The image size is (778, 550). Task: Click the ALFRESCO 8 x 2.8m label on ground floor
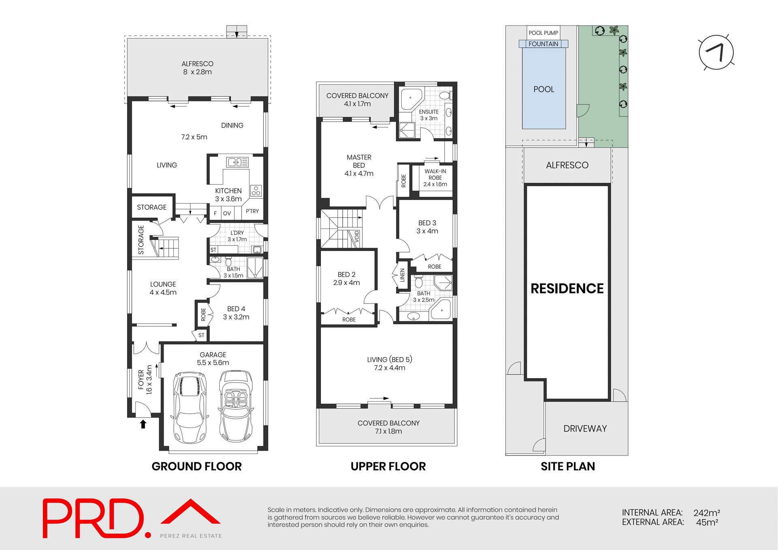(x=197, y=68)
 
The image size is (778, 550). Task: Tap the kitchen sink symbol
(x=237, y=162)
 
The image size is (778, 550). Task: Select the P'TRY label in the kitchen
(x=252, y=211)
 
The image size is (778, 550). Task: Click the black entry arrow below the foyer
(x=143, y=424)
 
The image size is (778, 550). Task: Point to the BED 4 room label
(x=236, y=313)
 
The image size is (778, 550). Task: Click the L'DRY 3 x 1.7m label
(x=237, y=236)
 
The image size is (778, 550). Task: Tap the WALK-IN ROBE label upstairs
(x=435, y=178)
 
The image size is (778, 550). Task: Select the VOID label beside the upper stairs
(x=357, y=236)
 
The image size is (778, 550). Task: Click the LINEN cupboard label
(x=402, y=275)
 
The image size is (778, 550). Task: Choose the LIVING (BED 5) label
(x=389, y=364)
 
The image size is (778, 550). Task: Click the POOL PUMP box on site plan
(x=543, y=33)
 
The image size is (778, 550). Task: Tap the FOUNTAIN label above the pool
(x=543, y=44)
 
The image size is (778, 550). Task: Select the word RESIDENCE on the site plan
(x=567, y=289)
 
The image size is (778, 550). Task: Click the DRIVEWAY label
(x=585, y=428)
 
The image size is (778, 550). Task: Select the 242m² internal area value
(x=706, y=513)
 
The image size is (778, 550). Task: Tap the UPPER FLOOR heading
(x=388, y=467)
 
